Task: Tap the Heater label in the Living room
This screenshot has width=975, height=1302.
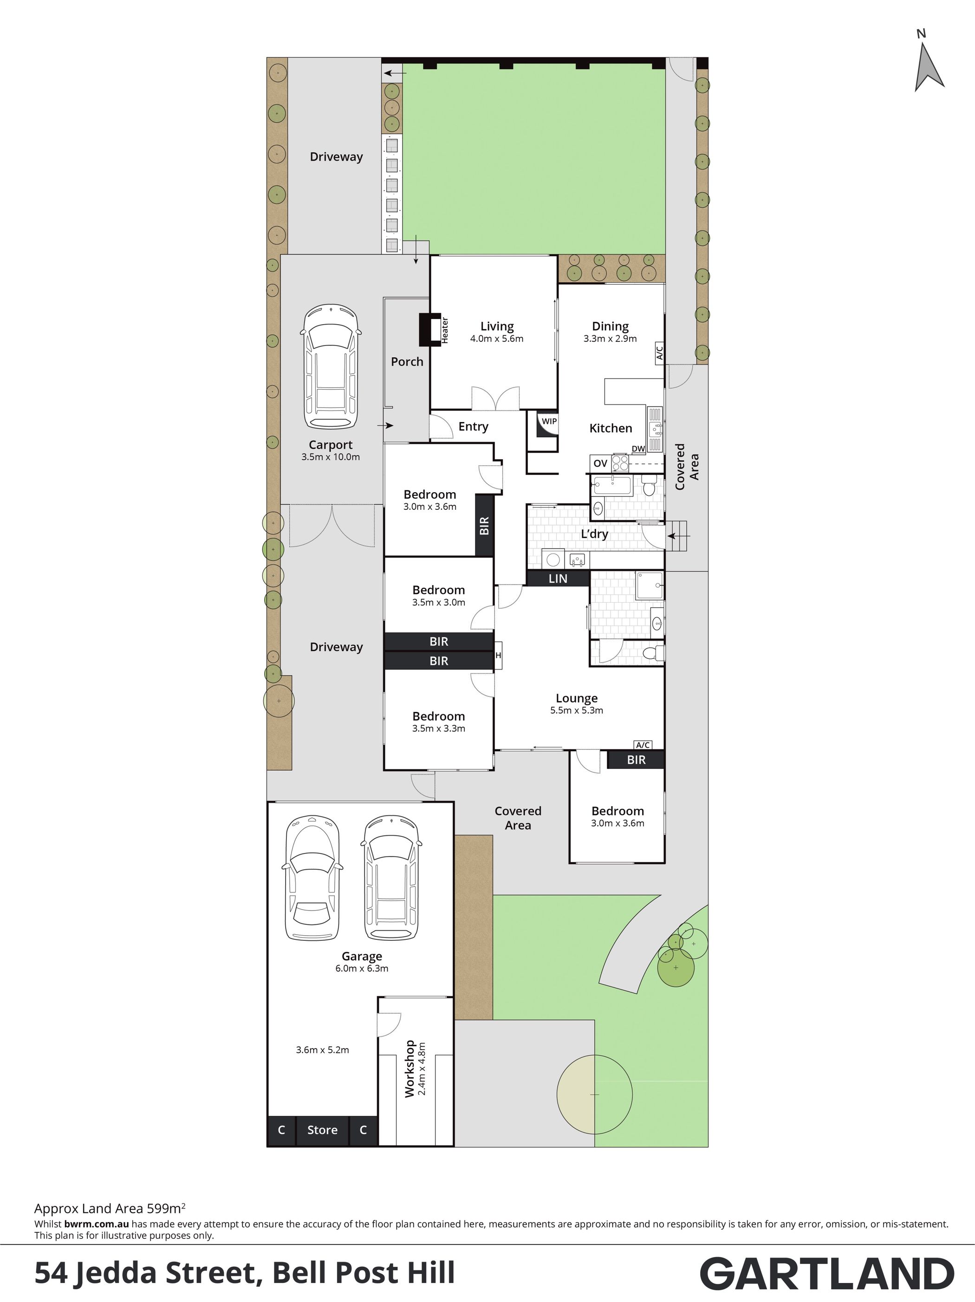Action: click(445, 330)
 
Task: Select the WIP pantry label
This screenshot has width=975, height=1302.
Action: click(549, 422)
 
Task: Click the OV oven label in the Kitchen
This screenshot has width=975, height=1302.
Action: click(600, 463)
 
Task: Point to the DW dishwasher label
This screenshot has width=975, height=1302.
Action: click(638, 449)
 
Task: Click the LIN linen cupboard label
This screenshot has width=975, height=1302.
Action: click(558, 579)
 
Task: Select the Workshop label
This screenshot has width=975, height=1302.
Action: click(409, 1069)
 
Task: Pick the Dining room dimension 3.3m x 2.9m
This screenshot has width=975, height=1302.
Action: click(610, 339)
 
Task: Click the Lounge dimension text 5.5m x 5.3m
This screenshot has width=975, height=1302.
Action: click(577, 710)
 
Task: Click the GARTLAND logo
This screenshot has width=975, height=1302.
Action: click(827, 1274)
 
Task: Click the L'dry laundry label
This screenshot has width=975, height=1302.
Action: click(594, 534)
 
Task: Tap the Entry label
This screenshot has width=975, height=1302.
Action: click(474, 427)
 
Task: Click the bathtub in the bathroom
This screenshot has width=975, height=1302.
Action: click(612, 486)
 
